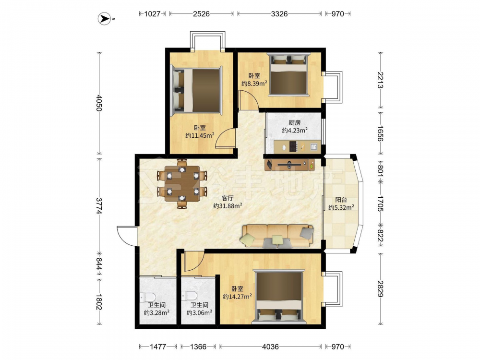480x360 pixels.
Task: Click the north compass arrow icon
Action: click(104, 19)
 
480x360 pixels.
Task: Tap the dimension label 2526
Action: click(201, 14)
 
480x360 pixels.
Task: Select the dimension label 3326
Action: click(279, 14)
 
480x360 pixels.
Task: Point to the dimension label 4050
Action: click(98, 103)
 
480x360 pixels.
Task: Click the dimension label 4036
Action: click(270, 347)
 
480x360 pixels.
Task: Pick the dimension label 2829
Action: click(381, 288)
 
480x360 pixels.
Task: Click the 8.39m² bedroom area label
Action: click(254, 83)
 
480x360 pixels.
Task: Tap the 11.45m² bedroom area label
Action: click(200, 135)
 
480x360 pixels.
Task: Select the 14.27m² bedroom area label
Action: click(237, 296)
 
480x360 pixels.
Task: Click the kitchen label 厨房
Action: click(295, 123)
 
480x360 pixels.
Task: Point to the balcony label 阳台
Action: click(341, 200)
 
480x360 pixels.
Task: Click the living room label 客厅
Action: click(228, 198)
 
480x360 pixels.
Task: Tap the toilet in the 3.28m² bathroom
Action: click(148, 297)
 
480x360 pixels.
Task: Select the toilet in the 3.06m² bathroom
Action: click(189, 296)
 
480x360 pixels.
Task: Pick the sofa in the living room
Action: click(277, 236)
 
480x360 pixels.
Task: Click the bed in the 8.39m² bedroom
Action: click(288, 75)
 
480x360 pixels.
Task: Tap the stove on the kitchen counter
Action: click(293, 146)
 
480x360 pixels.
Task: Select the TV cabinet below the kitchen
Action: click(289, 164)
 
